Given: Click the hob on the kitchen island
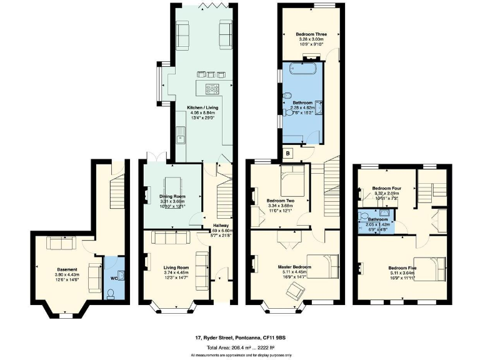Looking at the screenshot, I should (212, 87).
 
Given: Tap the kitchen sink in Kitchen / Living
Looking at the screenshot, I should (180, 134).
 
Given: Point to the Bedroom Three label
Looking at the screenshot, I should (311, 34).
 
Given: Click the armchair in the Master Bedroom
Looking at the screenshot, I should (298, 289).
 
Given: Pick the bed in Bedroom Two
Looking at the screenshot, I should (291, 181).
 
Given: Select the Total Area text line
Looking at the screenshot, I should (241, 347).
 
